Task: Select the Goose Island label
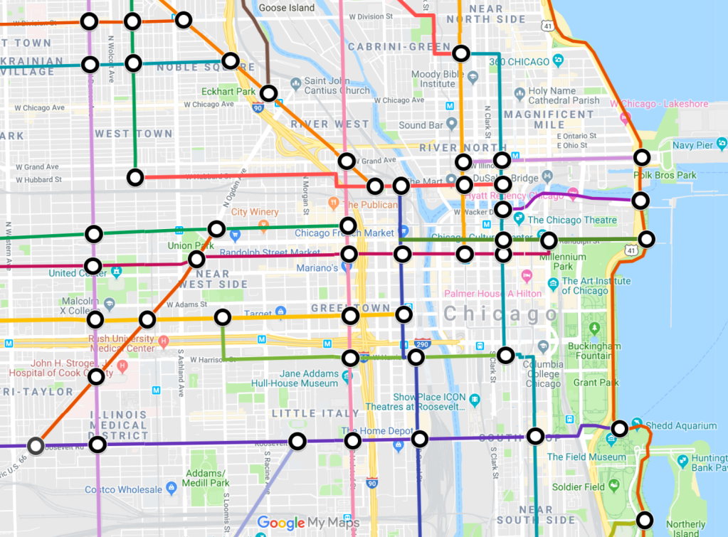287,8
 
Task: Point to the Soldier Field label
578,487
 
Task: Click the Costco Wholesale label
123,489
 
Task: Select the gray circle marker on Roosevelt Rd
36,446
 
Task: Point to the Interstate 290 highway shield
421,343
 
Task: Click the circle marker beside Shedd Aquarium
620,428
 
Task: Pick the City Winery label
254,212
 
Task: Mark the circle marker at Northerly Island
645,520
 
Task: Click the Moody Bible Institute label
437,79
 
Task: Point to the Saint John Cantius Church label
337,86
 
